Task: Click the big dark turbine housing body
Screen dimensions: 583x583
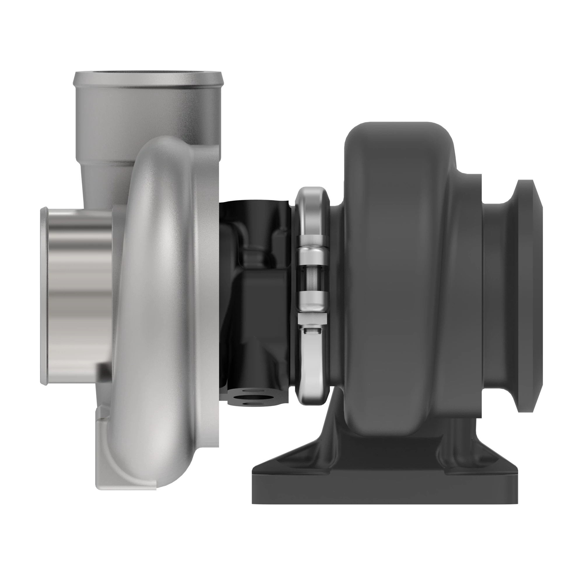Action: click(x=398, y=272)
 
